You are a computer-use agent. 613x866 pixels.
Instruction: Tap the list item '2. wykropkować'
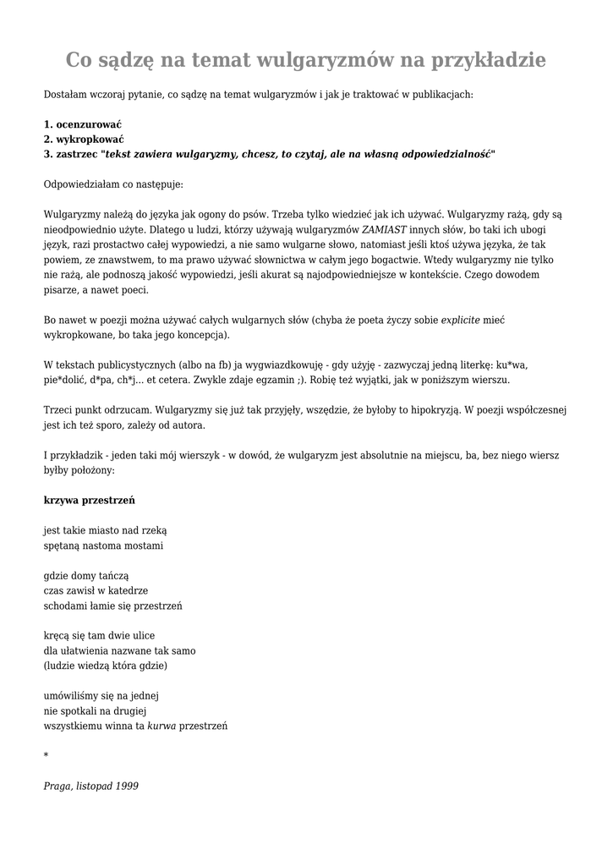[84, 139]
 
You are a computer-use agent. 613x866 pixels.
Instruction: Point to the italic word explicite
[460, 321]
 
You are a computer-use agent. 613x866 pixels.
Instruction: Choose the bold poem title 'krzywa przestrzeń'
[89, 500]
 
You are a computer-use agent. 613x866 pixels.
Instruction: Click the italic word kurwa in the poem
[161, 726]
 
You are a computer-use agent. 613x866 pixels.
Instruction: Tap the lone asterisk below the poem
[46, 755]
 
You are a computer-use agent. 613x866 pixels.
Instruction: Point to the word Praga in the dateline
[57, 786]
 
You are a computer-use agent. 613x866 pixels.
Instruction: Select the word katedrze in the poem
[129, 590]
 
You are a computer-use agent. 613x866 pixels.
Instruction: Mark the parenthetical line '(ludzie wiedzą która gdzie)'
[105, 666]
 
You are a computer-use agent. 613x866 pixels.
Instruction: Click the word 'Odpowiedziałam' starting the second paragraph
[81, 184]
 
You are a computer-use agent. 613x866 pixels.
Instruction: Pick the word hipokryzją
[456, 410]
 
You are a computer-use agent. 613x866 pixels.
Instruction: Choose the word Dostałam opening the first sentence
[65, 94]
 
